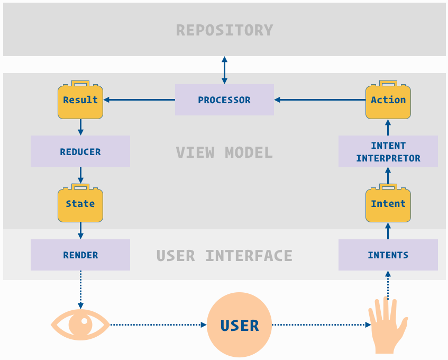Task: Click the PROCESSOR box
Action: [x=224, y=100]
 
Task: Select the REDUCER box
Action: [x=80, y=151]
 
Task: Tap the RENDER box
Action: [x=80, y=255]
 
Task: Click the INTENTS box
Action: [x=388, y=255]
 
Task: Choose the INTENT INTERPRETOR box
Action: [x=388, y=151]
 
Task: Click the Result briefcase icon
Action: [x=80, y=100]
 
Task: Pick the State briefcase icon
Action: [x=80, y=204]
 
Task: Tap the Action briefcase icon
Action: [x=388, y=100]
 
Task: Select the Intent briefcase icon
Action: [x=388, y=204]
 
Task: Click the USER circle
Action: [x=240, y=325]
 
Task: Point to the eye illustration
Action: [x=80, y=325]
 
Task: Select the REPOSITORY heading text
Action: [x=224, y=30]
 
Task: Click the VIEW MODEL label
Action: [x=224, y=152]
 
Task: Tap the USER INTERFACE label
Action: [x=224, y=256]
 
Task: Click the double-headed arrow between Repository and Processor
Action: [x=224, y=70]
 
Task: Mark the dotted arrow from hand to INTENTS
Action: [x=388, y=286]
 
